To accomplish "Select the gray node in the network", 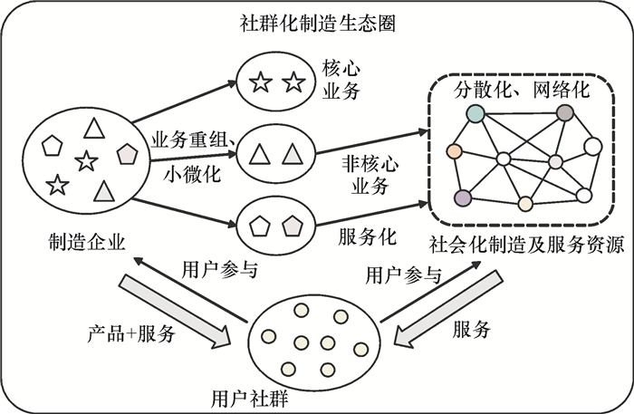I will pyautogui.click(x=565, y=113).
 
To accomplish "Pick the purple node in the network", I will pyautogui.click(x=463, y=197).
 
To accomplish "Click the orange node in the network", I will pyautogui.click(x=455, y=150).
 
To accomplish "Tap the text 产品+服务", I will pyautogui.click(x=129, y=332).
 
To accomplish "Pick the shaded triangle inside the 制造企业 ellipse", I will pyautogui.click(x=104, y=191).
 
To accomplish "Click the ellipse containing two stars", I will pyautogui.click(x=276, y=83).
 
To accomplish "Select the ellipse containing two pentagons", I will pyautogui.click(x=275, y=223).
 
